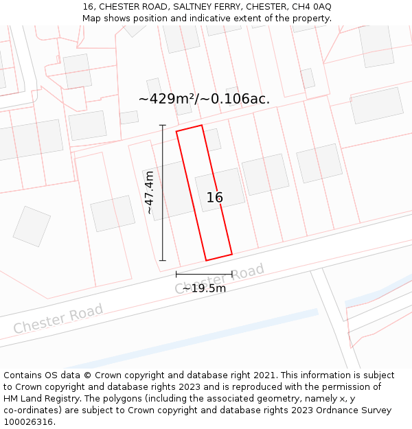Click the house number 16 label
tap(214, 198)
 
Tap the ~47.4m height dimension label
tap(149, 193)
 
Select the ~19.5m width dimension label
tap(204, 288)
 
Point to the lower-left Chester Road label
tap(58, 318)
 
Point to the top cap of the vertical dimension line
tap(163, 125)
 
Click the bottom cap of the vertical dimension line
tap(163, 261)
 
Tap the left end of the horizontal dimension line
tap(176, 275)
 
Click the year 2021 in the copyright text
tap(264, 375)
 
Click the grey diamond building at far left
tap(32, 226)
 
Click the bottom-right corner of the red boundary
tap(231, 255)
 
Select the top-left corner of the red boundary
tap(176, 131)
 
